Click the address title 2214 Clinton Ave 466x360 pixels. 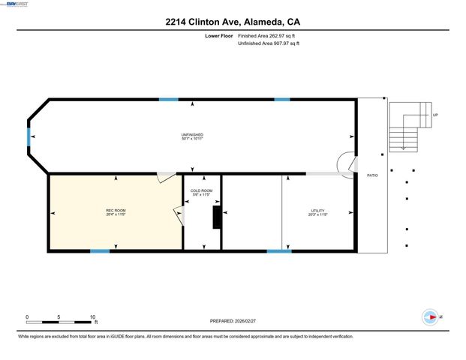[x=233, y=22]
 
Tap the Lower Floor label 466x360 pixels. [x=218, y=36]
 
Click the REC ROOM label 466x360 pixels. [x=115, y=210]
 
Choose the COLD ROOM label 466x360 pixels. [x=202, y=190]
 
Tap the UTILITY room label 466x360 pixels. [x=318, y=210]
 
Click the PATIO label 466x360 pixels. [x=372, y=175]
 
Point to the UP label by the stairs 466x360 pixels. [x=435, y=115]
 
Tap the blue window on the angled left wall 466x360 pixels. [x=29, y=137]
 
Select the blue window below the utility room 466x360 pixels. [x=279, y=250]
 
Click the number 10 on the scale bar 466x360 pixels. [x=92, y=316]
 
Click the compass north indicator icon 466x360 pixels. [x=431, y=317]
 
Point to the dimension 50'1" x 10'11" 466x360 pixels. [x=192, y=139]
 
